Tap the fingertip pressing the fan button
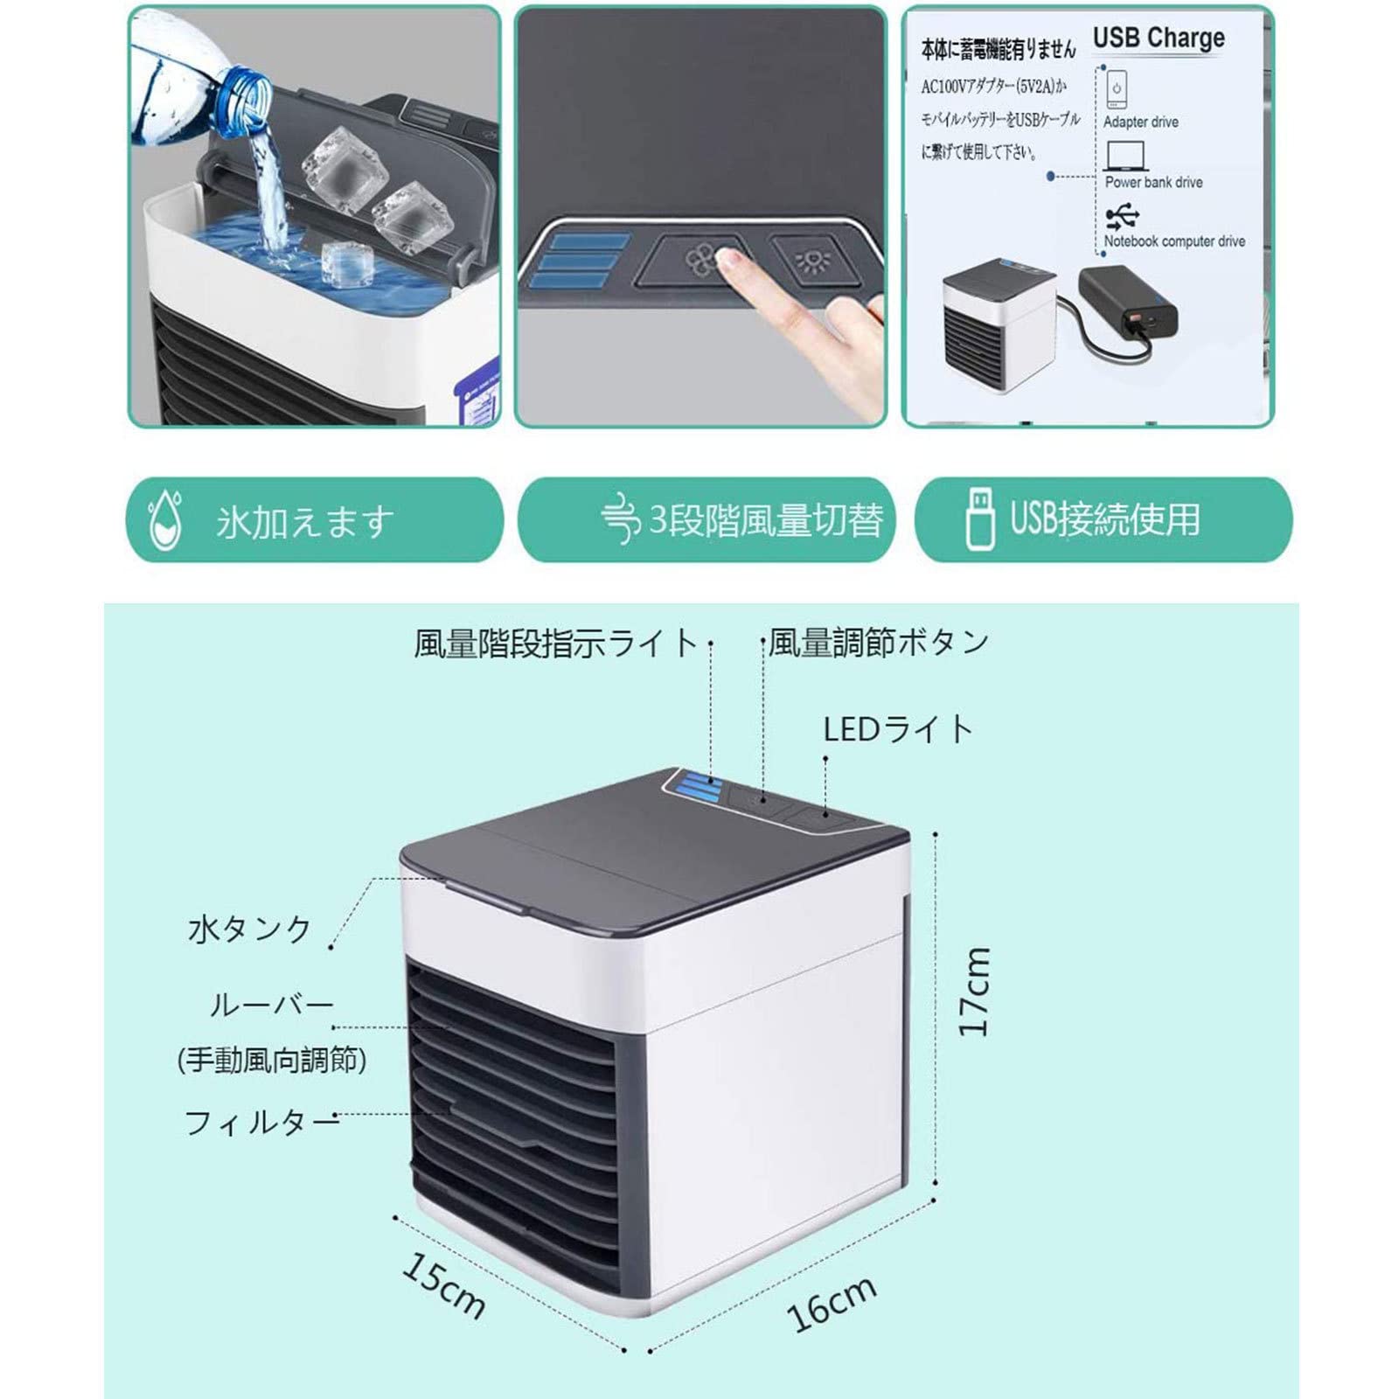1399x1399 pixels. (x=728, y=257)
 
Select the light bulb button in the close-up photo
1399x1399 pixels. (x=805, y=260)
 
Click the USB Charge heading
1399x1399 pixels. (x=1158, y=38)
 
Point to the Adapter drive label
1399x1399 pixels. (x=1140, y=122)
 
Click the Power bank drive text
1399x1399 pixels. (x=1153, y=183)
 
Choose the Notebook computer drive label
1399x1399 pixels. (x=1173, y=241)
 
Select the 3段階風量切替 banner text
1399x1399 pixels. (x=765, y=520)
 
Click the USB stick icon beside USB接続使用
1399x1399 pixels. (x=979, y=519)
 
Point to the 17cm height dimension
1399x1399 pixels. (x=974, y=992)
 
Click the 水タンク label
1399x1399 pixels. (x=250, y=929)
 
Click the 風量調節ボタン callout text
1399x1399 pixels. (x=879, y=643)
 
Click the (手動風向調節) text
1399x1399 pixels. (x=272, y=1061)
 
